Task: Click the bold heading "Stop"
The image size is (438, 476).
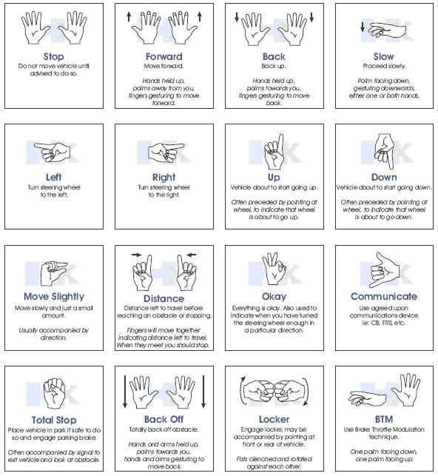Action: [53, 56]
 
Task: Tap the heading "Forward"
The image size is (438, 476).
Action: [164, 56]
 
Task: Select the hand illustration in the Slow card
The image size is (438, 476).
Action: [388, 30]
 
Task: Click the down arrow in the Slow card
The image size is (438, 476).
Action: [362, 27]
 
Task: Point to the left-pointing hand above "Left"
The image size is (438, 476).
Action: [52, 153]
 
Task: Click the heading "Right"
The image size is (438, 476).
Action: [164, 177]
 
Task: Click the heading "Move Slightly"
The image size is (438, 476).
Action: [53, 297]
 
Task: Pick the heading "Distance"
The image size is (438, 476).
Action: [164, 299]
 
